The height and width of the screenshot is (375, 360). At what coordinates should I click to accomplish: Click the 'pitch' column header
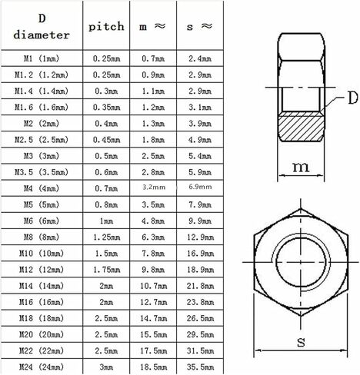[x=106, y=26]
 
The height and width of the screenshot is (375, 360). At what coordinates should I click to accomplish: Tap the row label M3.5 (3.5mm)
[x=42, y=172]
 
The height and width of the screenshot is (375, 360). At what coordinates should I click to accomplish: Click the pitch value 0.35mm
[x=106, y=108]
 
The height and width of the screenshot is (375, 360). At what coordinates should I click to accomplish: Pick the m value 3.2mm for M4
[x=154, y=187]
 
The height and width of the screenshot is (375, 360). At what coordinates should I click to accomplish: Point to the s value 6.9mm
[x=200, y=187]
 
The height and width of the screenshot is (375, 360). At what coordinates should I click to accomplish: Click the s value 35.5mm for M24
[x=200, y=367]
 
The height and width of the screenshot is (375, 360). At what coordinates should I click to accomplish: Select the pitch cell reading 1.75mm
[x=106, y=270]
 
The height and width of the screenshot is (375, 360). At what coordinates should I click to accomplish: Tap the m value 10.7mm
[x=153, y=286]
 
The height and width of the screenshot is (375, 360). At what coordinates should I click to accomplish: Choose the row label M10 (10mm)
[x=42, y=254]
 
